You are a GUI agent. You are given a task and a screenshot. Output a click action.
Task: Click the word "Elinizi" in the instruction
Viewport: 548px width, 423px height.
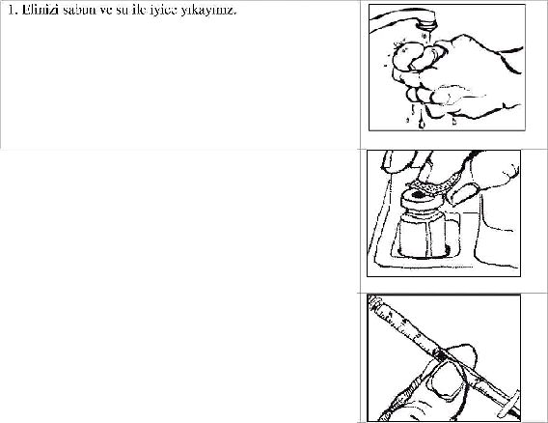point(40,11)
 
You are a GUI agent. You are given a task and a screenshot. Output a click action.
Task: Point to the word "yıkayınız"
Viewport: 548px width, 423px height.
point(208,11)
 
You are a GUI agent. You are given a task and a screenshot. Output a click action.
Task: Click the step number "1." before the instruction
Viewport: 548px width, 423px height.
point(13,11)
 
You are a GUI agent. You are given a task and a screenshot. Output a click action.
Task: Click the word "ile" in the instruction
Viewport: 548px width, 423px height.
point(140,11)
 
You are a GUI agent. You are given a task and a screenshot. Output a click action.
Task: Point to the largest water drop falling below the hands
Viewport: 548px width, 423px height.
point(422,124)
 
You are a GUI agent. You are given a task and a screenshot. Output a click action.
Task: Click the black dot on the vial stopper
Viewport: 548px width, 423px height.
point(418,194)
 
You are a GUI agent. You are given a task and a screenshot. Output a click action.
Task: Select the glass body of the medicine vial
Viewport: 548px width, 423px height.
point(424,235)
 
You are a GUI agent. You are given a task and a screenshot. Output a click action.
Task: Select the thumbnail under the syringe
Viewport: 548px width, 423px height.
point(446,381)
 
